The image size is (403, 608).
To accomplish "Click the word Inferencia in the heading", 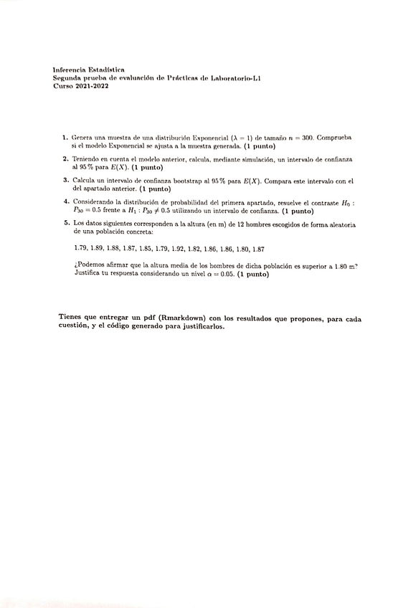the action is tap(68, 70).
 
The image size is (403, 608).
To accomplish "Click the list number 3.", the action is tap(65, 181).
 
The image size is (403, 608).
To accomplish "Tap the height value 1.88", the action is tap(113, 249).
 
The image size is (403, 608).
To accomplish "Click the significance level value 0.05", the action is tap(225, 274).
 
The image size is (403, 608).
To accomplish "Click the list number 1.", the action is tap(65, 136).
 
